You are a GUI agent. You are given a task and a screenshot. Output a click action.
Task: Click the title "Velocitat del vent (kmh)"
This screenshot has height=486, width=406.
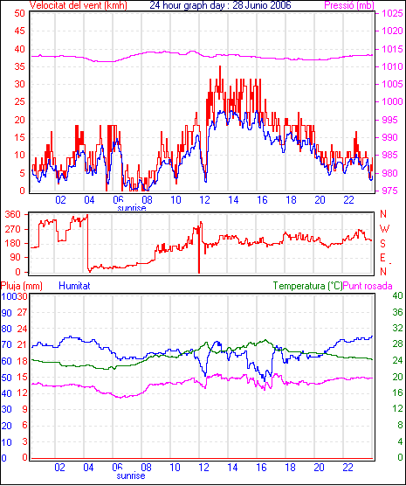coord(79,5)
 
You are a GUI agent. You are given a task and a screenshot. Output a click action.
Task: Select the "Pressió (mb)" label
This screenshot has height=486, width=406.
coord(349,5)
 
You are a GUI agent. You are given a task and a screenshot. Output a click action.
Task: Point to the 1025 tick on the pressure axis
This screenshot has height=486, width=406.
coord(392,13)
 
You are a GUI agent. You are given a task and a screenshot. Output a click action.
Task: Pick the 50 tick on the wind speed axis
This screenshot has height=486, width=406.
coord(19,13)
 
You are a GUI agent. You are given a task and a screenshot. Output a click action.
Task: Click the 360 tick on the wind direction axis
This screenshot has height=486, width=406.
coord(13,214)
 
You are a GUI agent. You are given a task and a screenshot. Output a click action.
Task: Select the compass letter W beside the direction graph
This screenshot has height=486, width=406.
coord(384,229)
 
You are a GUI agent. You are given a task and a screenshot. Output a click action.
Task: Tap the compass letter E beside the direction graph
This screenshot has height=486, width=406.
coord(382,258)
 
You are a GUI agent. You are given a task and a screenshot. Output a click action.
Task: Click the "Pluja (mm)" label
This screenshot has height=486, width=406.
coord(21,286)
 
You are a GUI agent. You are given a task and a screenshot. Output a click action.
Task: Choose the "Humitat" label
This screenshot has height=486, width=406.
coord(74,286)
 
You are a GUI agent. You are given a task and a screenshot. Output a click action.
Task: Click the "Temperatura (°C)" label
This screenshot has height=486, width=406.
coord(308,286)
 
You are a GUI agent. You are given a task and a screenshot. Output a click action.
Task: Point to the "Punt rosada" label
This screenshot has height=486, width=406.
coord(368,286)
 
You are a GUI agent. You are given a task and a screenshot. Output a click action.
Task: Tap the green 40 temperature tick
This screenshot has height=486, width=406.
coord(397,295)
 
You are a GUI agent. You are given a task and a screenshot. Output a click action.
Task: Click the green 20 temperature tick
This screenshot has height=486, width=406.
coord(397,377)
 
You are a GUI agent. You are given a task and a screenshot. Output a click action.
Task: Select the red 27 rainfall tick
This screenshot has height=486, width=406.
coord(22,312)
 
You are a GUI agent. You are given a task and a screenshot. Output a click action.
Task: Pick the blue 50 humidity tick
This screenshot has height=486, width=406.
coord(6,378)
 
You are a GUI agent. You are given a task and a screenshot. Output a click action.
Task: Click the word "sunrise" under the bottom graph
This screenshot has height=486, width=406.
coord(131,476)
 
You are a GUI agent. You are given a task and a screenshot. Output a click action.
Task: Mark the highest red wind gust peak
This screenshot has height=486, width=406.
coord(220,66)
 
